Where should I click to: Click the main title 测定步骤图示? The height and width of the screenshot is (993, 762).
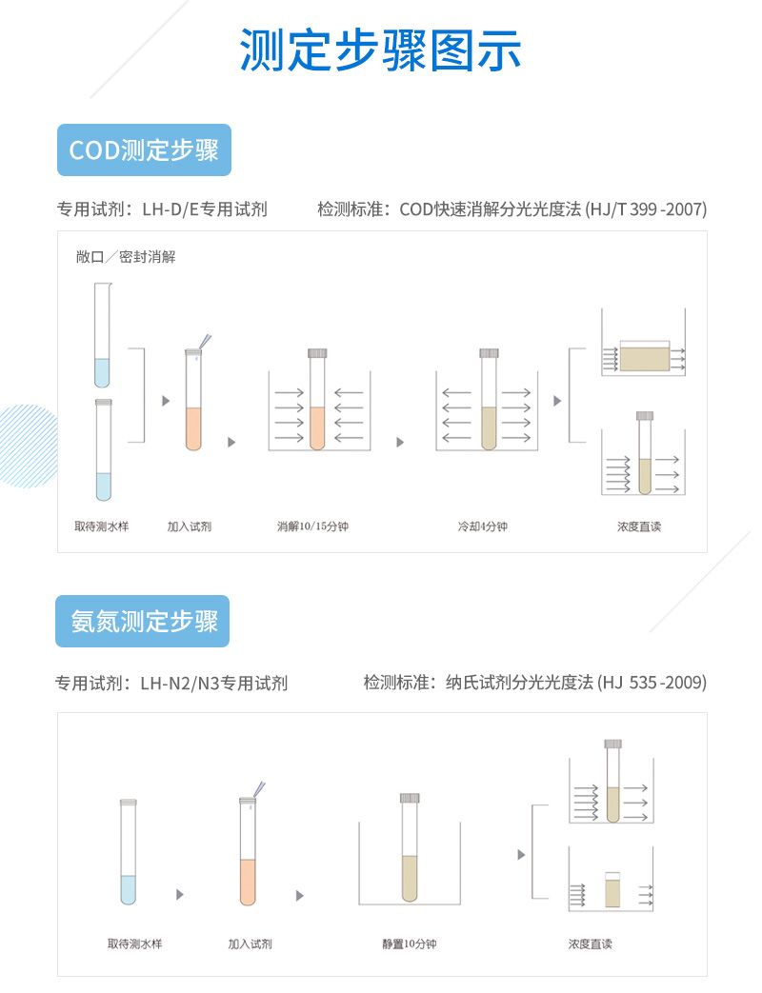point(380,50)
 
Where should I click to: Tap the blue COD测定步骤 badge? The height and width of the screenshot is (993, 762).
point(144,150)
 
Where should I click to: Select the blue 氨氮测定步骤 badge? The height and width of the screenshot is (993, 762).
point(143,622)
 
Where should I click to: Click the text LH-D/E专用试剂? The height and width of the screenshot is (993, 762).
point(205,209)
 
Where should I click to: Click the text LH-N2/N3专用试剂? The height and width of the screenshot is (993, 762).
point(214,684)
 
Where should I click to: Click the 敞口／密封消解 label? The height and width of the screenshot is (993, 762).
point(126,256)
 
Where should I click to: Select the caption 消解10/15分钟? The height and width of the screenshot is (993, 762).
point(312,526)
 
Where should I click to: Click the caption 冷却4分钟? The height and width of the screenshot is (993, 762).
point(483,526)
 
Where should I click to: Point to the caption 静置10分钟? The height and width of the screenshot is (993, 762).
point(410,943)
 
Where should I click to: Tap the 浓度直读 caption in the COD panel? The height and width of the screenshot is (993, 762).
point(639,526)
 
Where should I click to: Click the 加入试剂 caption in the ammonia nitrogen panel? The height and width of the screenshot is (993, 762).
point(251,943)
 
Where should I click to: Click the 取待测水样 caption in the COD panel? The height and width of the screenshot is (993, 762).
point(101,526)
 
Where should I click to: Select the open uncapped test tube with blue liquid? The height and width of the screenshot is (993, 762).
point(102,335)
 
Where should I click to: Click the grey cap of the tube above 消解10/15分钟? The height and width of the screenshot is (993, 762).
point(317,353)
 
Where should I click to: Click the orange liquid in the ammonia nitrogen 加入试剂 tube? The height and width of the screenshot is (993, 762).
point(248,883)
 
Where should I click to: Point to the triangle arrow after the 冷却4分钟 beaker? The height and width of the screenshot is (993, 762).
point(557,401)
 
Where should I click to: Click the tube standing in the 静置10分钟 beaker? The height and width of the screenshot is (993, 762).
point(410,847)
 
